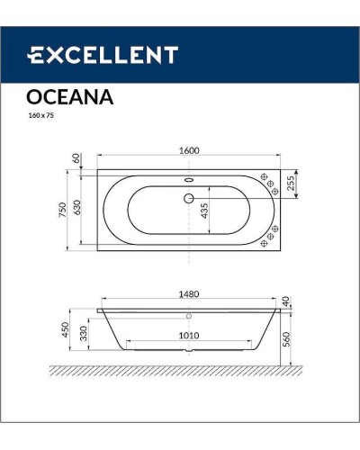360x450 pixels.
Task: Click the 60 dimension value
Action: click(x=78, y=158)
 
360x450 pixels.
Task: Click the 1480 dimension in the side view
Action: click(x=188, y=292)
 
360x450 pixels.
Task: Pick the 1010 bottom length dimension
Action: click(x=188, y=336)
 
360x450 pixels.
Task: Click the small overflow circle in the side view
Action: click(x=188, y=316)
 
